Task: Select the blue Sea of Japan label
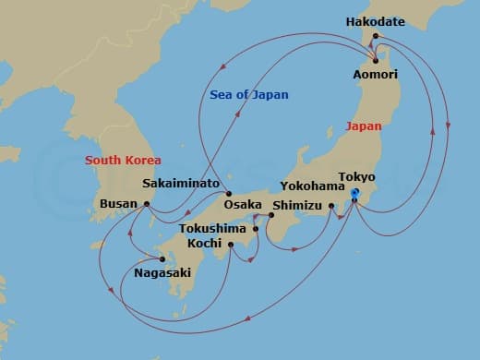click(x=249, y=94)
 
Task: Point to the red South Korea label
click(x=125, y=160)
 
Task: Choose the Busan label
click(x=116, y=205)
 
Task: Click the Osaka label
click(x=244, y=204)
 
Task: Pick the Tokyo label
click(x=356, y=176)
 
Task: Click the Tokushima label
click(x=212, y=228)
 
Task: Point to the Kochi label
click(x=204, y=243)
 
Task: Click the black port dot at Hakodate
click(x=377, y=37)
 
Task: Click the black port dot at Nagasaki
click(x=163, y=258)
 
